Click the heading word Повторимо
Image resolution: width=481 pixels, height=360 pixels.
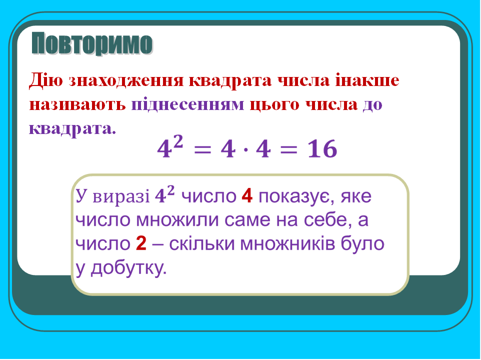pyautogui.click(x=92, y=44)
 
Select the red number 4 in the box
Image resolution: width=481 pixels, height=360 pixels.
pyautogui.click(x=246, y=196)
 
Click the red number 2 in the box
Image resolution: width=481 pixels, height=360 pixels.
pyautogui.click(x=141, y=244)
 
